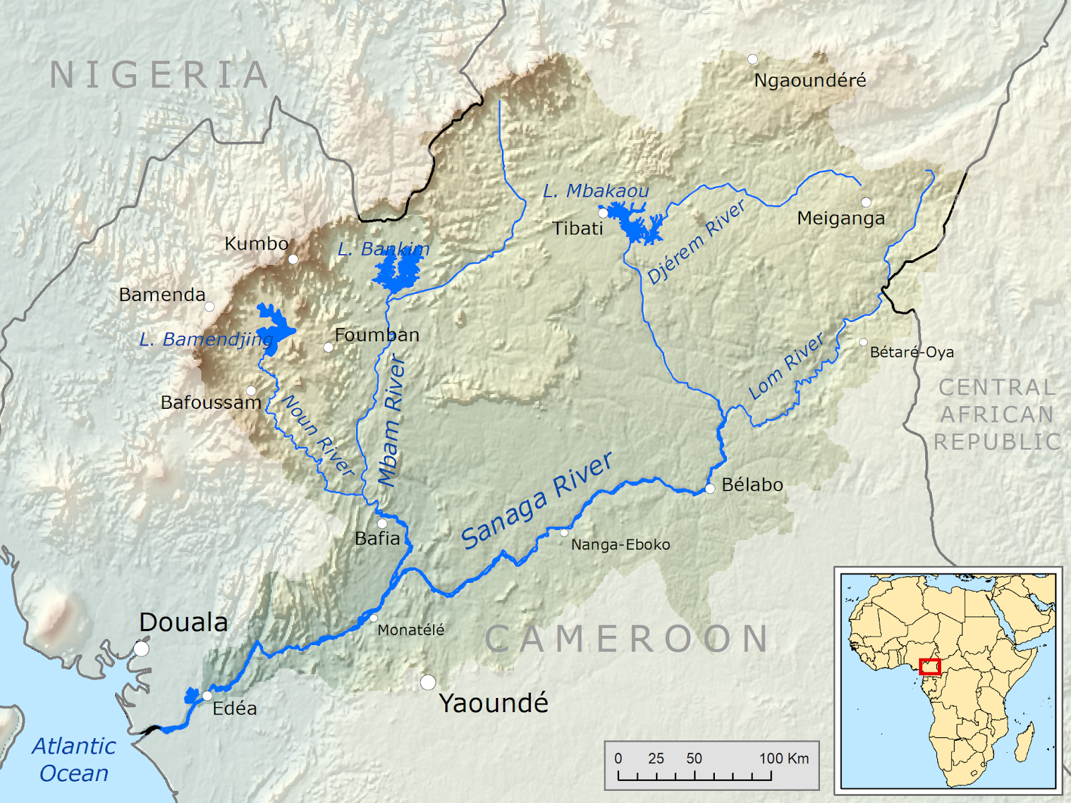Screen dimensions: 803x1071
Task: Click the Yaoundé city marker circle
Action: [428, 683]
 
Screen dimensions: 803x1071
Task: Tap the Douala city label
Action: [183, 622]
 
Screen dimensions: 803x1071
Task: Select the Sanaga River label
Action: [538, 501]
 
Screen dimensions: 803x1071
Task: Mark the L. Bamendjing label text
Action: [205, 340]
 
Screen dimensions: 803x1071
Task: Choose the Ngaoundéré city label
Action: [810, 80]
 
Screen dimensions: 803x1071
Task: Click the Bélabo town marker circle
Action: [710, 488]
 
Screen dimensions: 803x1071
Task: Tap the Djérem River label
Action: [696, 242]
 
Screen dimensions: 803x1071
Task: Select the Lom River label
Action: [786, 367]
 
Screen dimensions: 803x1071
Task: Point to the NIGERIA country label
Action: [159, 75]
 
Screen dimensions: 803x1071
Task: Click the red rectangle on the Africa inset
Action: [930, 666]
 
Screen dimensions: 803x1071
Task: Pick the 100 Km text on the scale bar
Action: [784, 758]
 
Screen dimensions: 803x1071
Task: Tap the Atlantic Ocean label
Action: [74, 760]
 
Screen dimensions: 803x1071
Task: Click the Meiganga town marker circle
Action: [866, 201]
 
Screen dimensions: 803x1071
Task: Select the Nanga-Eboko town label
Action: [621, 545]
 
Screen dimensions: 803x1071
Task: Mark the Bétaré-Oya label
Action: [912, 352]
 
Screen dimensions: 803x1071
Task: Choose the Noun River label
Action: [319, 436]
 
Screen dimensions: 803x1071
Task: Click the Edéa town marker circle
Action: [208, 696]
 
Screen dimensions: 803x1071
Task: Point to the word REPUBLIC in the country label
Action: [997, 442]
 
